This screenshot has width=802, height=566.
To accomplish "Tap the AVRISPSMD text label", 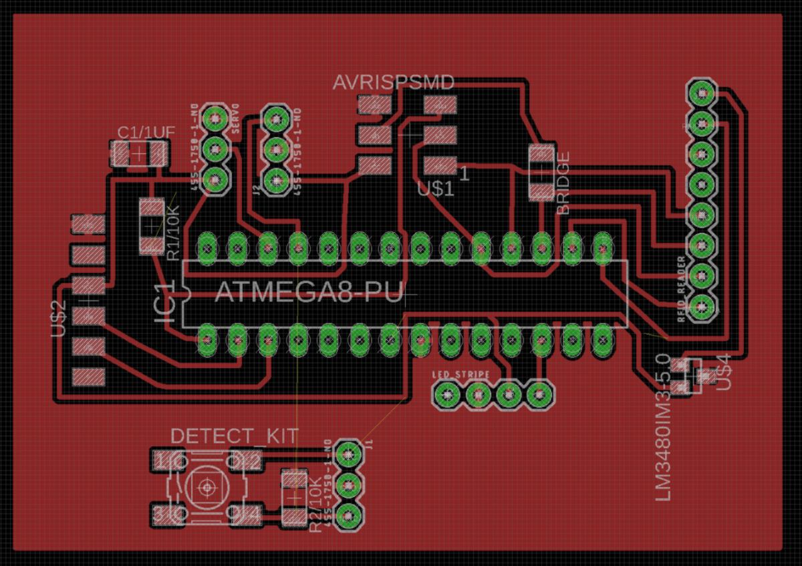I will [x=394, y=83].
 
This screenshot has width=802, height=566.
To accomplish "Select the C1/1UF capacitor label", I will [x=146, y=132].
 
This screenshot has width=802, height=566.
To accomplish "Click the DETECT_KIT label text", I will [x=234, y=436].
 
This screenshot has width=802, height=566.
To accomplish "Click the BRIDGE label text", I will [x=564, y=183].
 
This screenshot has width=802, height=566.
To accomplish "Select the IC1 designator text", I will [x=165, y=306].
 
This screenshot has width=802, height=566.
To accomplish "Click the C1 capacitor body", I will [x=139, y=155].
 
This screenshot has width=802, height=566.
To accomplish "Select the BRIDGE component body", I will [x=541, y=173].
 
